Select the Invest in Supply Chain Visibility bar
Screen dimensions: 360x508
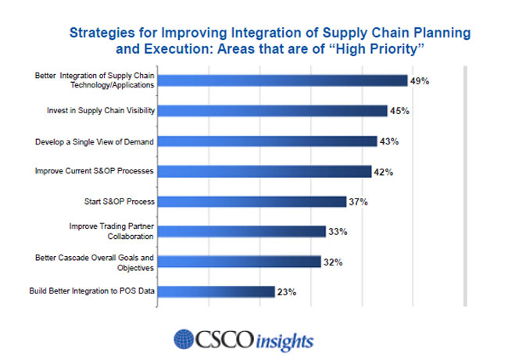273,111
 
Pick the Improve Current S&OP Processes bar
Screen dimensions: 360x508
265,171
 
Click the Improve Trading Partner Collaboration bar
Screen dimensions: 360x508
242,231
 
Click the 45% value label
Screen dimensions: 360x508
400,111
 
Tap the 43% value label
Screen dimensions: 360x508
390,141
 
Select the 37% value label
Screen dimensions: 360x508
358,201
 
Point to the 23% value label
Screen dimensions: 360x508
286,292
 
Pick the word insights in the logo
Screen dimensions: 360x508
283,341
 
